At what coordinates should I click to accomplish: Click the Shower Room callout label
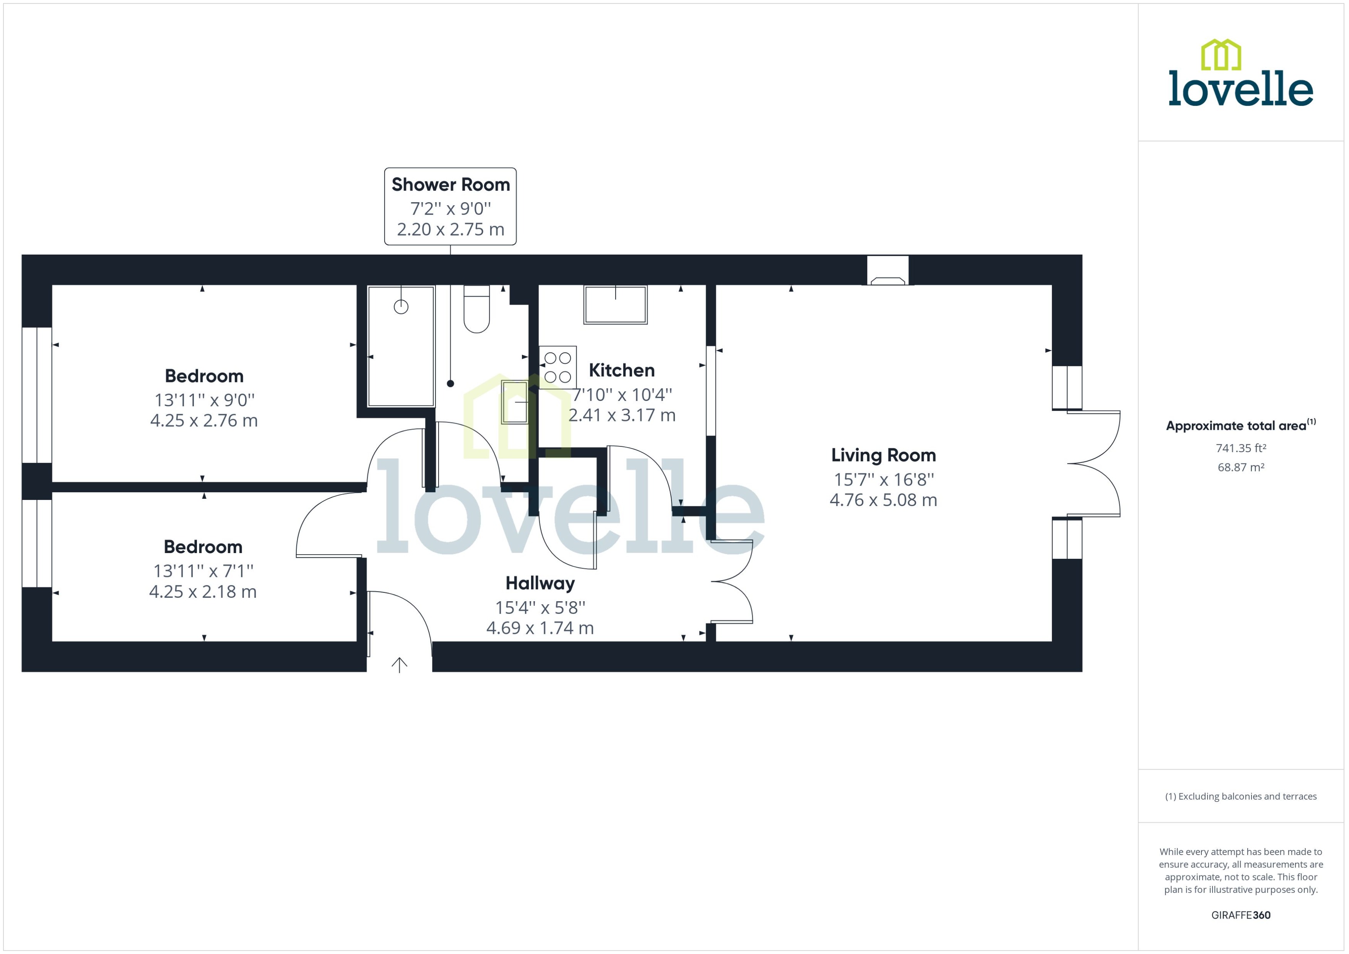(450, 184)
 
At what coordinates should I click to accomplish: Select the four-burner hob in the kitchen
(557, 367)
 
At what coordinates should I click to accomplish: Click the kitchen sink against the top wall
(616, 304)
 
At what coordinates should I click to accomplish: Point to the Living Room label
(883, 455)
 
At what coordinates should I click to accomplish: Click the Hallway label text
(540, 583)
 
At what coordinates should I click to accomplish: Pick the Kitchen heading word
(621, 370)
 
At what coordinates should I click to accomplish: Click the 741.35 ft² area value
(1240, 448)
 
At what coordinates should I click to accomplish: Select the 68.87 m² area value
(1240, 468)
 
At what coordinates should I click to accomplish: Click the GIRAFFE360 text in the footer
(1240, 915)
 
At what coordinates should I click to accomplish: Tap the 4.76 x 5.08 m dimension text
(883, 500)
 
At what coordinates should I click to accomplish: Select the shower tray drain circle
(401, 307)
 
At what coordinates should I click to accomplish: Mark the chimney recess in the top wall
(888, 271)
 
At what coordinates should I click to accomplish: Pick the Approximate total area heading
(1240, 425)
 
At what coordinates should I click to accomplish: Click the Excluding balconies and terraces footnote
(1240, 796)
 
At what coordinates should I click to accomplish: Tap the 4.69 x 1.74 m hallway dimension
(540, 628)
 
